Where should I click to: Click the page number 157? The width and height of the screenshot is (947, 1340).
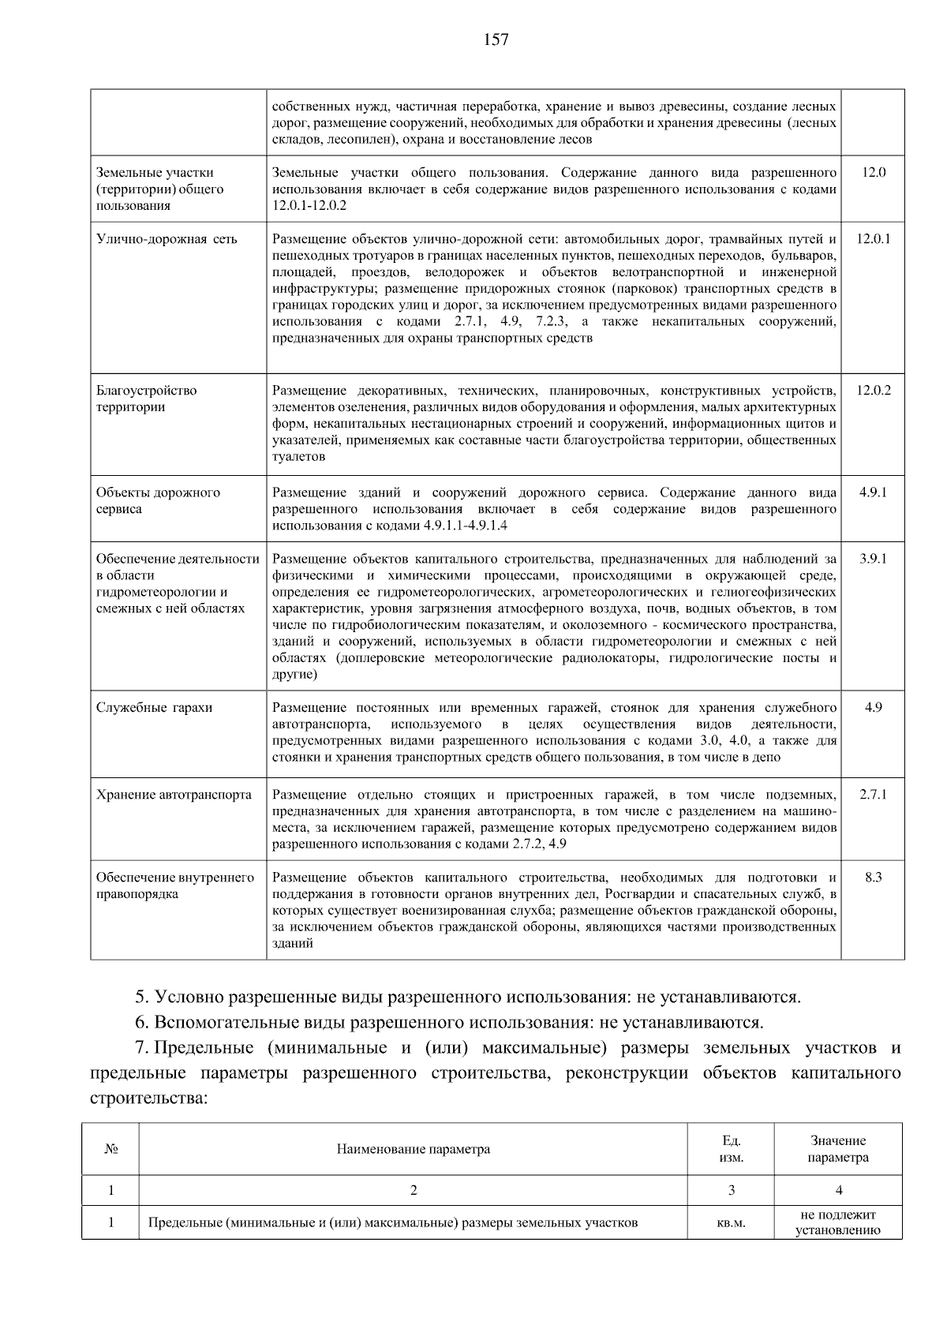(x=496, y=39)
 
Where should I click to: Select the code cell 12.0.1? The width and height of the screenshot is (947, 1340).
(x=873, y=238)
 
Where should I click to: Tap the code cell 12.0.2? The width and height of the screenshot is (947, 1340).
(x=873, y=390)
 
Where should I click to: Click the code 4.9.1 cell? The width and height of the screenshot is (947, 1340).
(x=873, y=492)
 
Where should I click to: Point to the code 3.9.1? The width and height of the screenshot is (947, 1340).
(x=873, y=558)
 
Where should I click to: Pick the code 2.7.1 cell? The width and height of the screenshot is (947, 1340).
(x=873, y=794)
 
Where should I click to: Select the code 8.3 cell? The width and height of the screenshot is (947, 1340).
(x=873, y=877)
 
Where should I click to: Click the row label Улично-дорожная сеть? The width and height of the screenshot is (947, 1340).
(x=167, y=239)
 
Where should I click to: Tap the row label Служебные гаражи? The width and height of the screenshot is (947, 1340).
(x=155, y=707)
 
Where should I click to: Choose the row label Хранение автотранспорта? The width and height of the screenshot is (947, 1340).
(x=174, y=794)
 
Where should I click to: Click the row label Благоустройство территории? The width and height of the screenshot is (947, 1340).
(x=147, y=399)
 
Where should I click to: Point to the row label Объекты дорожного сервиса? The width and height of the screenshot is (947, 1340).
(x=158, y=500)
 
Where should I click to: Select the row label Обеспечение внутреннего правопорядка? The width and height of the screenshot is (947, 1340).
(x=175, y=885)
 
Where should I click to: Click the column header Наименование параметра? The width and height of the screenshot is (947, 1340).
(x=413, y=1148)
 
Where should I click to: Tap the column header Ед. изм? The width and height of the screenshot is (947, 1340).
(x=731, y=1149)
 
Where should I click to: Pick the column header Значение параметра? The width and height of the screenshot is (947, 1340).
(x=837, y=1149)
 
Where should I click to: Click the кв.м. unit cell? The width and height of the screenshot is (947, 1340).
(x=731, y=1222)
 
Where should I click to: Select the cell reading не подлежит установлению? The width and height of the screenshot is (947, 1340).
(x=837, y=1222)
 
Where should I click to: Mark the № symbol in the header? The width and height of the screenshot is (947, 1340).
(x=110, y=1148)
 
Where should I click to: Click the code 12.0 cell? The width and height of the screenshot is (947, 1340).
(x=873, y=172)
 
